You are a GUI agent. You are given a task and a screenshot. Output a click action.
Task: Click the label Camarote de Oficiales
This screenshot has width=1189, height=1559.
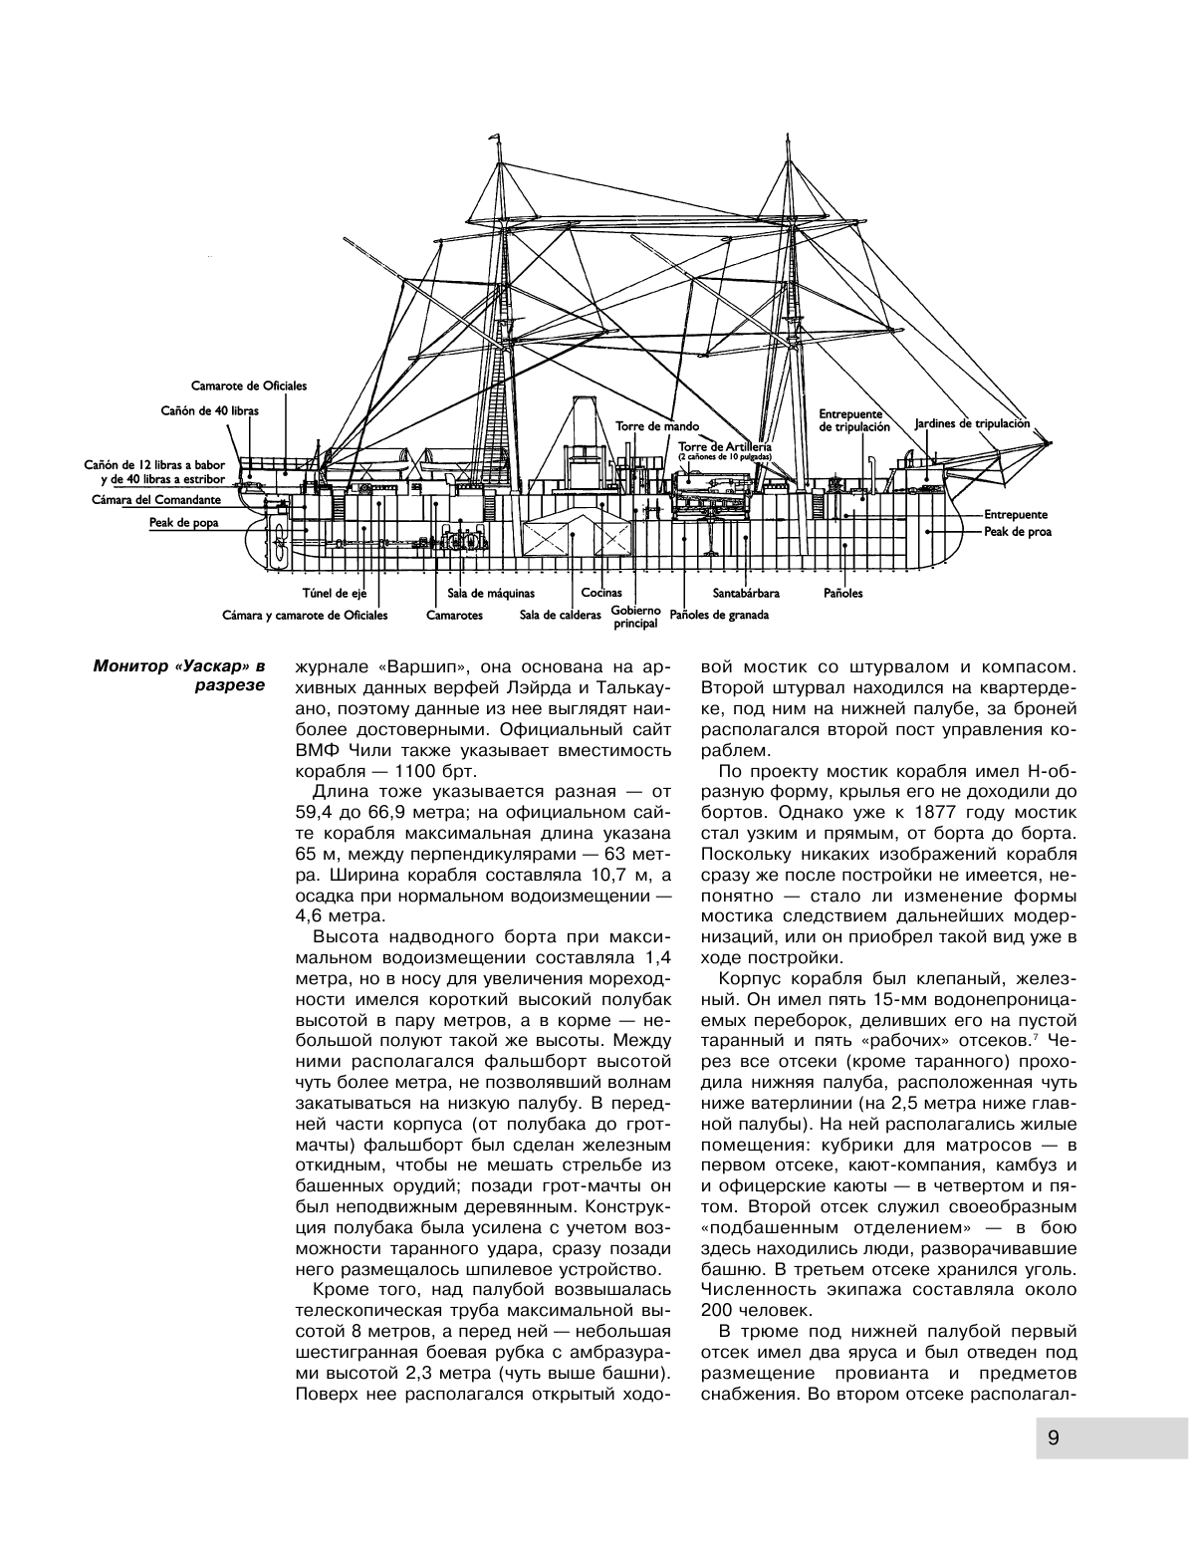(249, 386)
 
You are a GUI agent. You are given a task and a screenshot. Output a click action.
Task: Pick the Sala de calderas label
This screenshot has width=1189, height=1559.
(560, 615)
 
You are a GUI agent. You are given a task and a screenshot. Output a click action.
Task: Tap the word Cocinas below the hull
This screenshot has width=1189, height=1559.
(601, 593)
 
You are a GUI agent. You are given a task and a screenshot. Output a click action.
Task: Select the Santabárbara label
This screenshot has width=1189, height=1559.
(746, 593)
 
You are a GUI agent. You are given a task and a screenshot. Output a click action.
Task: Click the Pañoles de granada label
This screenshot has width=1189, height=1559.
(720, 615)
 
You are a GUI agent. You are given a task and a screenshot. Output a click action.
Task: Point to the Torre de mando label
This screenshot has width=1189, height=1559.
(645, 425)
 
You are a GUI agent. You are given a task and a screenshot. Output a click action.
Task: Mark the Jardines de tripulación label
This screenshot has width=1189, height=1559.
(971, 423)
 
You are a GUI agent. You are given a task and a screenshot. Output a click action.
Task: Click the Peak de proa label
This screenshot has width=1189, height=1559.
(1018, 531)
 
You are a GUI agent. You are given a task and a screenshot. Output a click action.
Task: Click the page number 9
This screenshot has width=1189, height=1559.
(1053, 1436)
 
